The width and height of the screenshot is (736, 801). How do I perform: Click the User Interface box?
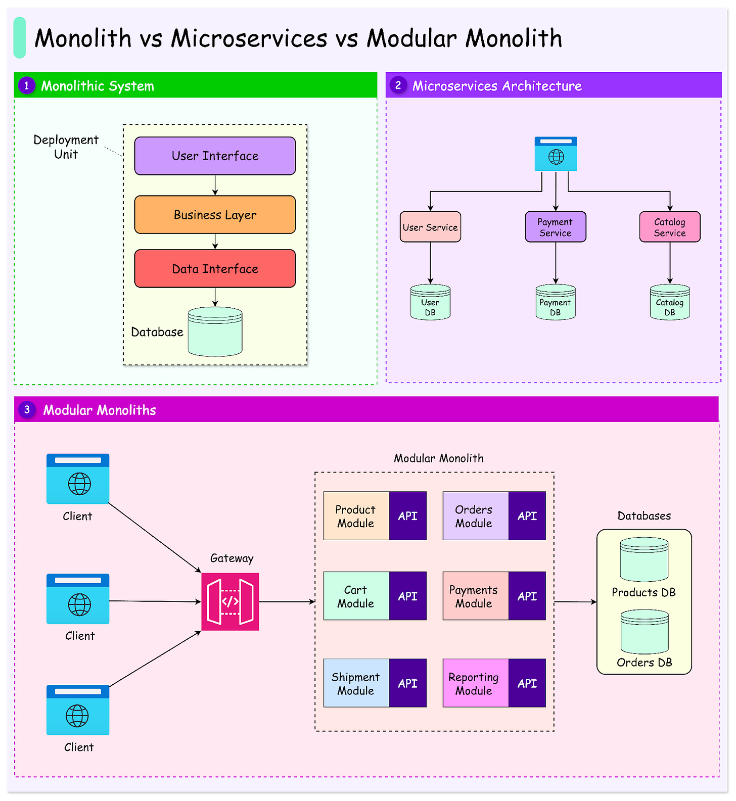215,156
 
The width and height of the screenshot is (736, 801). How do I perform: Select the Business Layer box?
215,215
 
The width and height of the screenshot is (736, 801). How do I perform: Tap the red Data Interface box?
215,269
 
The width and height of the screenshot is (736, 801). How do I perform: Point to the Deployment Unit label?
66,147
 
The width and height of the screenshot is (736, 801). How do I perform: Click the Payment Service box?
555,227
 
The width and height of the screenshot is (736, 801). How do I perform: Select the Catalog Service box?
669,227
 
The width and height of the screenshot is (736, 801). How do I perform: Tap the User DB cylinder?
430,303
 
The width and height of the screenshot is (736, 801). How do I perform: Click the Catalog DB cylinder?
669,303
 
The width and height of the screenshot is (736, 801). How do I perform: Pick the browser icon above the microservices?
556,154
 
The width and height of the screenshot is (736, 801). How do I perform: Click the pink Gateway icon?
230,601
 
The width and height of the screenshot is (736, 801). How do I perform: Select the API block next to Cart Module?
407,596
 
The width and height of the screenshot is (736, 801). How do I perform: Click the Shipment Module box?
356,683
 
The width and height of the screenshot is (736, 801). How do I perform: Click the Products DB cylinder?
644,560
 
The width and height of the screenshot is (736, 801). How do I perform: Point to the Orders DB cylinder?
644,632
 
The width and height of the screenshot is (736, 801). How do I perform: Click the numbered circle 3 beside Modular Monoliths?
27,410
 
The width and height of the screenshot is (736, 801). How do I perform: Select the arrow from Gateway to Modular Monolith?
287,601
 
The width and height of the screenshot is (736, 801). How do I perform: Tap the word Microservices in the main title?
249,38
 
